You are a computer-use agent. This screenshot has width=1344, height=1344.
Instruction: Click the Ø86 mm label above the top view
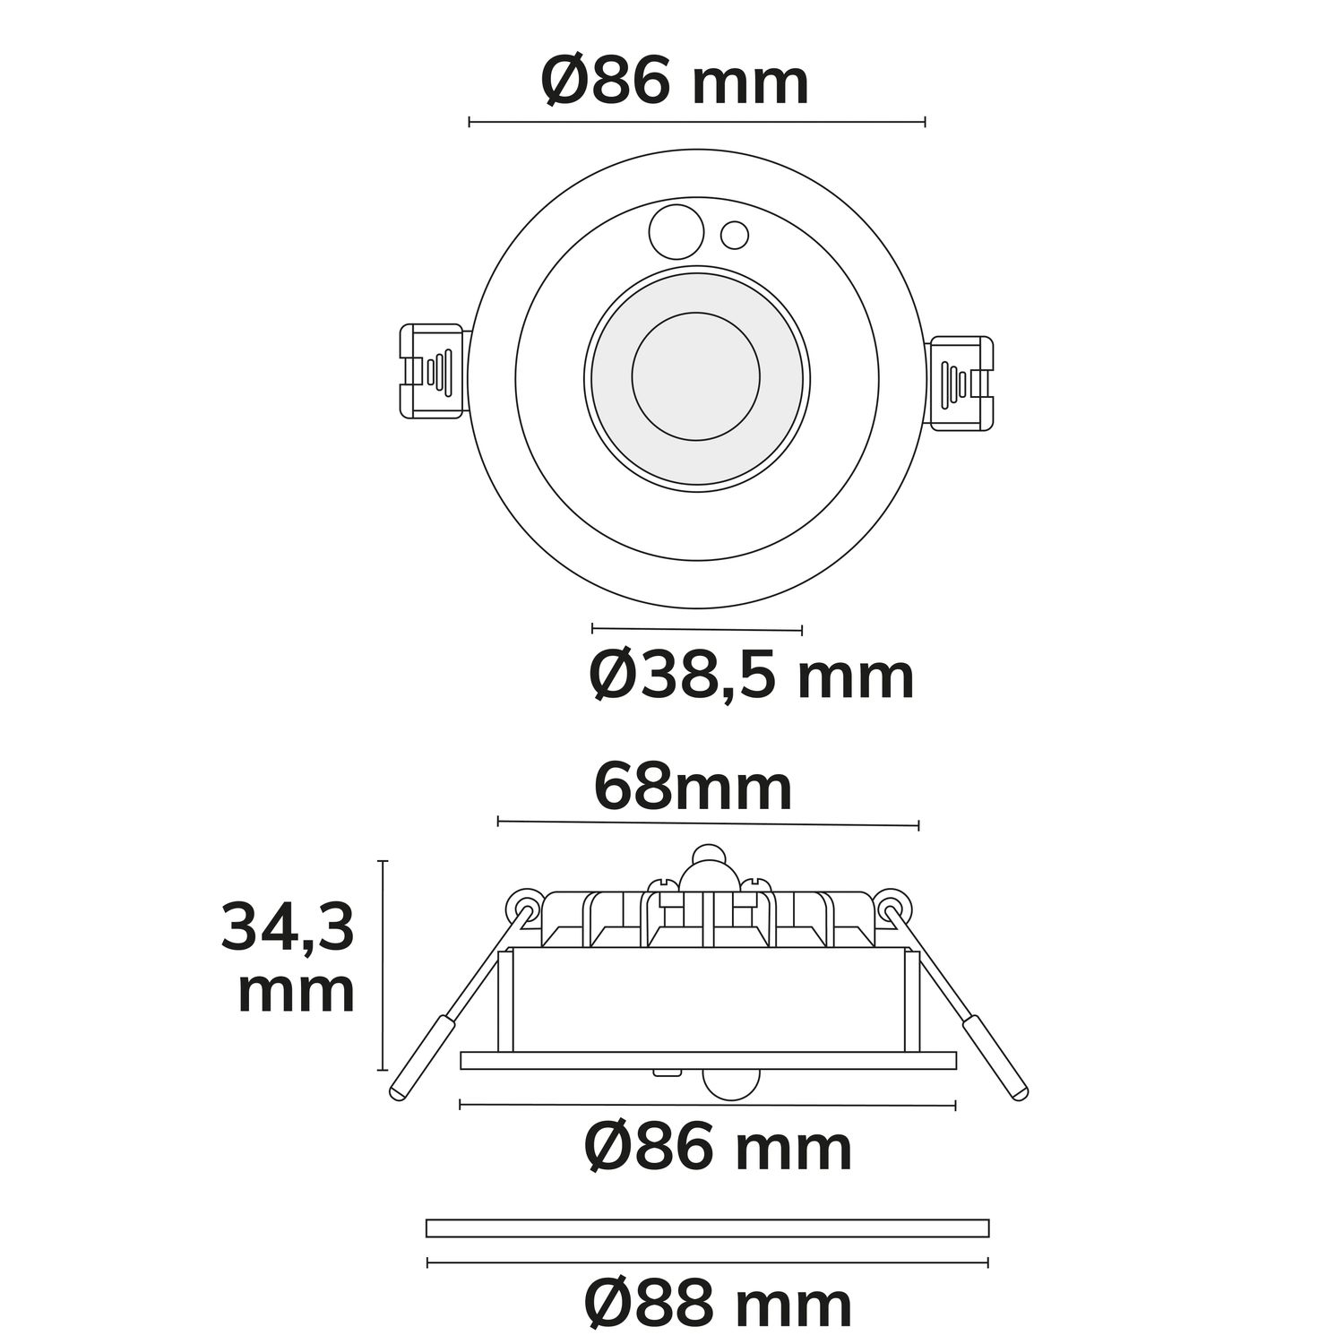click(675, 82)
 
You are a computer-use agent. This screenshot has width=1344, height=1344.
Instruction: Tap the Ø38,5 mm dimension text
click(751, 676)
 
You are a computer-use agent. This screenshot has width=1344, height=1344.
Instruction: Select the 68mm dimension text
click(693, 788)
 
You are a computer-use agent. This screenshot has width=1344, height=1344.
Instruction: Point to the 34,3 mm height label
click(289, 959)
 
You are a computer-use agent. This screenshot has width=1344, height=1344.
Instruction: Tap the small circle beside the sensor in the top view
click(735, 235)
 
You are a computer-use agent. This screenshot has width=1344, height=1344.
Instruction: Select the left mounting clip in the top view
click(432, 371)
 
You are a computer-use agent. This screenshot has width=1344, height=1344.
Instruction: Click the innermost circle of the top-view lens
click(696, 376)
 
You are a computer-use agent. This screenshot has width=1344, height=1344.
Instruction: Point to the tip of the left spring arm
click(397, 1091)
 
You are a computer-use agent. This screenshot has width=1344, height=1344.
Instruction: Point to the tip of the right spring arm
click(1020, 1091)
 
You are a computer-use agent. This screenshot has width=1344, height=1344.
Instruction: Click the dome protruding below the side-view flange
click(732, 1081)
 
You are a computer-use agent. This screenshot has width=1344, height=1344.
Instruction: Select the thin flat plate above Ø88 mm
click(707, 1228)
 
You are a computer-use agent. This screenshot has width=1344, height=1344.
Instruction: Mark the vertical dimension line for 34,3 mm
click(383, 965)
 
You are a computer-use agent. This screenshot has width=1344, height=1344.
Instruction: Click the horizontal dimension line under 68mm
click(708, 823)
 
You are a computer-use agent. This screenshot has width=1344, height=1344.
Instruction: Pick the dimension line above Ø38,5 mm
click(696, 628)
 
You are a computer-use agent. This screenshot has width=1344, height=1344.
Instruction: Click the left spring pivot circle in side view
click(523, 908)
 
